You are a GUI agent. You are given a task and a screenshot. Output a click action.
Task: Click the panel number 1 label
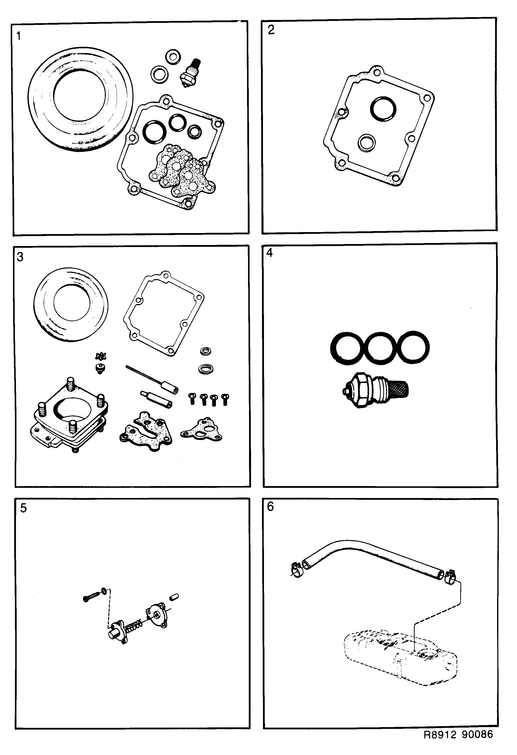[18, 36]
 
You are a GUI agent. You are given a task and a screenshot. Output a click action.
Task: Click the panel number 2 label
[271, 30]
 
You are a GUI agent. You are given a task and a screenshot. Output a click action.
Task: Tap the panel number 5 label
[23, 508]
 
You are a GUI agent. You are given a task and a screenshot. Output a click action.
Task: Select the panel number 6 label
[270, 507]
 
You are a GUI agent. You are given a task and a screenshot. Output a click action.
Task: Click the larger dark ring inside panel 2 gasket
[384, 109]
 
